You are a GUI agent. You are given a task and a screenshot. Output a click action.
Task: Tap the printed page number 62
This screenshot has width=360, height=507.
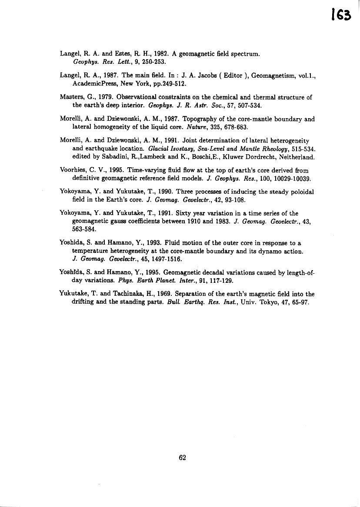[182, 457]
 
